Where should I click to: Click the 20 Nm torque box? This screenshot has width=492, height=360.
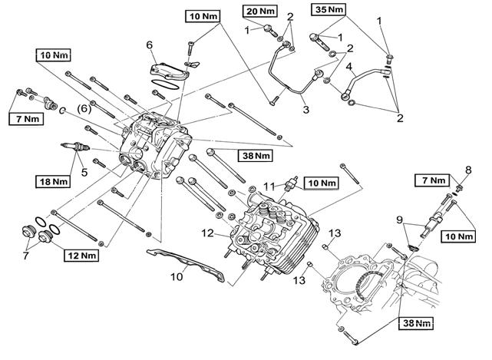coord(260,12)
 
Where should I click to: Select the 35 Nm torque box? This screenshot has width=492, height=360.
coord(329,9)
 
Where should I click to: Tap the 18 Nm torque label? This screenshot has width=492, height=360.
coord(53,182)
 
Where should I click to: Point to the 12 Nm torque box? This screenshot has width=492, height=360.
coord(81,256)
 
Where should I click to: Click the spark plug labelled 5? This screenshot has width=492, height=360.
coord(75,147)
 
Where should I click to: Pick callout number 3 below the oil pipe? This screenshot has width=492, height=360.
coord(306,110)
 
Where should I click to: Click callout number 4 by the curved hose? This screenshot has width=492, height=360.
coord(350,67)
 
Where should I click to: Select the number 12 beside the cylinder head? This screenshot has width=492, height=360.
coord(207,233)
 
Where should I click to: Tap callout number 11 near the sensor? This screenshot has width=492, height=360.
coord(269,187)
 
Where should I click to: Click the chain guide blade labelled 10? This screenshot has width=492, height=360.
coord(186,264)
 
